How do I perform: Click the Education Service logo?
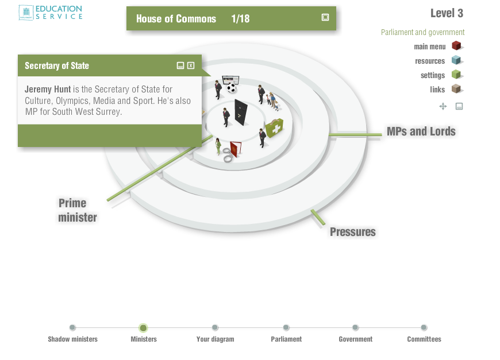coord(51,13)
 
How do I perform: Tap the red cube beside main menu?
coord(456,46)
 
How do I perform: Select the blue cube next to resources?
coord(456,60)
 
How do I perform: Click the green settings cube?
coord(456,75)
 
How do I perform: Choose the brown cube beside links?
coord(456,89)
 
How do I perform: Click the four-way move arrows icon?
coord(443,106)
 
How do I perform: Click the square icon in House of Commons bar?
coord(325,17)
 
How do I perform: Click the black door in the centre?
coord(241,113)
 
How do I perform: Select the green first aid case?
coord(274,127)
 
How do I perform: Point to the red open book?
coord(235,149)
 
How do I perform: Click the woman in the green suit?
coord(218,146)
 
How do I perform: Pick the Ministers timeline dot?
coord(143,328)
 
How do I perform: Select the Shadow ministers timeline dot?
coord(72,328)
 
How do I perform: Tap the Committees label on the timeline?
coord(424,339)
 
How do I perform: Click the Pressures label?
coord(352,232)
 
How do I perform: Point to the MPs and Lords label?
coord(421,131)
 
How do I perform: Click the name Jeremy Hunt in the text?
coord(48,90)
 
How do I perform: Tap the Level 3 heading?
coord(447,13)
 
